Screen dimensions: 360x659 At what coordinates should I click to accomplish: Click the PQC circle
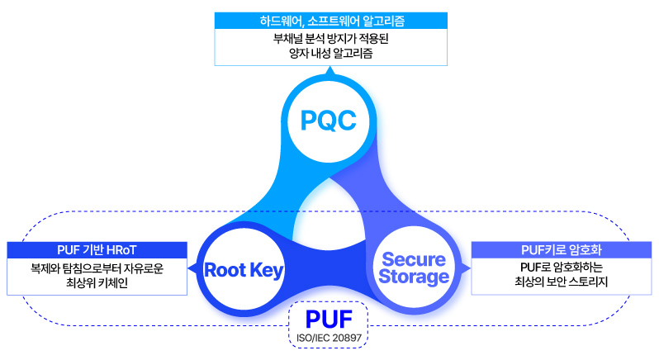point(329,122)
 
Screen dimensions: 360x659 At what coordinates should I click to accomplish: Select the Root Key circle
point(244,269)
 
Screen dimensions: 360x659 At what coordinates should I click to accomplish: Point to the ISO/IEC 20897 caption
point(329,338)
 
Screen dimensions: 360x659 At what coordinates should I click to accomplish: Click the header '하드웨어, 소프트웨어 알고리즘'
point(330,20)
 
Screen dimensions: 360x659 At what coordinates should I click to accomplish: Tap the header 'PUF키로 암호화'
point(562,249)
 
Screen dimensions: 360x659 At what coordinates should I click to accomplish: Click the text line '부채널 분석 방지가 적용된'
point(330,39)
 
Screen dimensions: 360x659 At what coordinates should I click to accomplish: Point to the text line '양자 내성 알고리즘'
point(330,54)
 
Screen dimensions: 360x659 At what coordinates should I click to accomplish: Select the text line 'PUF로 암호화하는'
point(562,268)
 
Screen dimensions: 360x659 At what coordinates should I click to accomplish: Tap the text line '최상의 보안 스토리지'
point(562,284)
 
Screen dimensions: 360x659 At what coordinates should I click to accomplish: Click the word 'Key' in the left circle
point(266,270)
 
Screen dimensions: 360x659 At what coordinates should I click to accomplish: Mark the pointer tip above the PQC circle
point(329,70)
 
